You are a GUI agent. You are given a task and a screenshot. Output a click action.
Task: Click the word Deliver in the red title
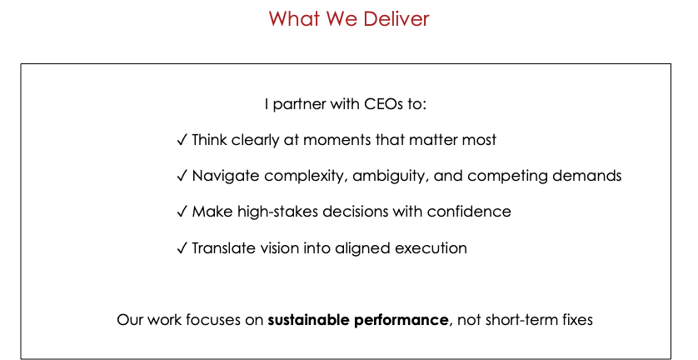pos(396,18)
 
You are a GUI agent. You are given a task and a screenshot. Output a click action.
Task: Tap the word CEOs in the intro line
pos(377,104)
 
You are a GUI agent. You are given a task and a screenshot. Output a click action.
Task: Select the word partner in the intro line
pos(300,105)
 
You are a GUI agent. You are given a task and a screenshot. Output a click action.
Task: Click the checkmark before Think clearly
pos(182,140)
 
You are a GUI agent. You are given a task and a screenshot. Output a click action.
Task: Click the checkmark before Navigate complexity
pos(182,176)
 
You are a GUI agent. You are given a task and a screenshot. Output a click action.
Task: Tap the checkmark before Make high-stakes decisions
pos(182,211)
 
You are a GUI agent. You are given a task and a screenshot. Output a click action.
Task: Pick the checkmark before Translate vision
pos(182,247)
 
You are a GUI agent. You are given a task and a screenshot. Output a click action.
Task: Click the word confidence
pos(469,211)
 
